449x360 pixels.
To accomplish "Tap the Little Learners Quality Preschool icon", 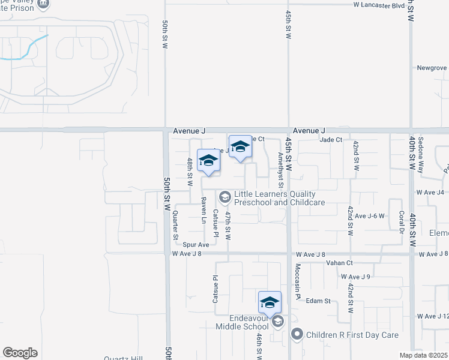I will pyautogui.click(x=225, y=197).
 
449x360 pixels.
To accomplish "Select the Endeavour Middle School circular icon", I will pyautogui.click(x=277, y=322).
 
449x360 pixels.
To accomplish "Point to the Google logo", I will pyautogui.click(x=20, y=353).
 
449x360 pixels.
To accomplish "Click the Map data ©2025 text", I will pyautogui.click(x=424, y=355).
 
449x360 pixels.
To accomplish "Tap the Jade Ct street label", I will pyautogui.click(x=331, y=139).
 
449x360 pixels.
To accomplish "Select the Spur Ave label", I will pyautogui.click(x=196, y=245).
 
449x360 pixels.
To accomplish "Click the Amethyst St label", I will pyautogui.click(x=280, y=166).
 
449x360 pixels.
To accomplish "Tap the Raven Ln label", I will pyautogui.click(x=203, y=210).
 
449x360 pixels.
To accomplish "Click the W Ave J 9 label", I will pyautogui.click(x=355, y=277).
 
